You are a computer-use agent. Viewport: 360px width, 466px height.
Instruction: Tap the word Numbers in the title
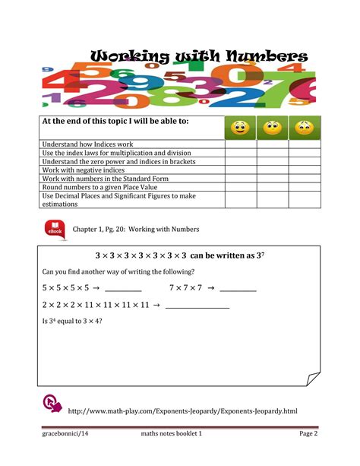click(262, 57)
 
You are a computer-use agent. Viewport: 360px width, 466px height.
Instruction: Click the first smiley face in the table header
click(240, 127)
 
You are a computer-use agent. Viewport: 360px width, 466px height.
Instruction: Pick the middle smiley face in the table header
click(273, 127)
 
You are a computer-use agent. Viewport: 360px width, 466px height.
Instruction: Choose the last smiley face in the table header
click(304, 127)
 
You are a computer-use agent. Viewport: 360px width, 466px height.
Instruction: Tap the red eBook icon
click(56, 228)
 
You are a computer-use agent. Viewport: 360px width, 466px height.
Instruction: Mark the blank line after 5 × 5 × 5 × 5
click(123, 290)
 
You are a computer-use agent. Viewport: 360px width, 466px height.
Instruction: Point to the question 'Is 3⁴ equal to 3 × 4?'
click(73, 322)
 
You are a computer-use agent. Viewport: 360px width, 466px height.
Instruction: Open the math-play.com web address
click(182, 411)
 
